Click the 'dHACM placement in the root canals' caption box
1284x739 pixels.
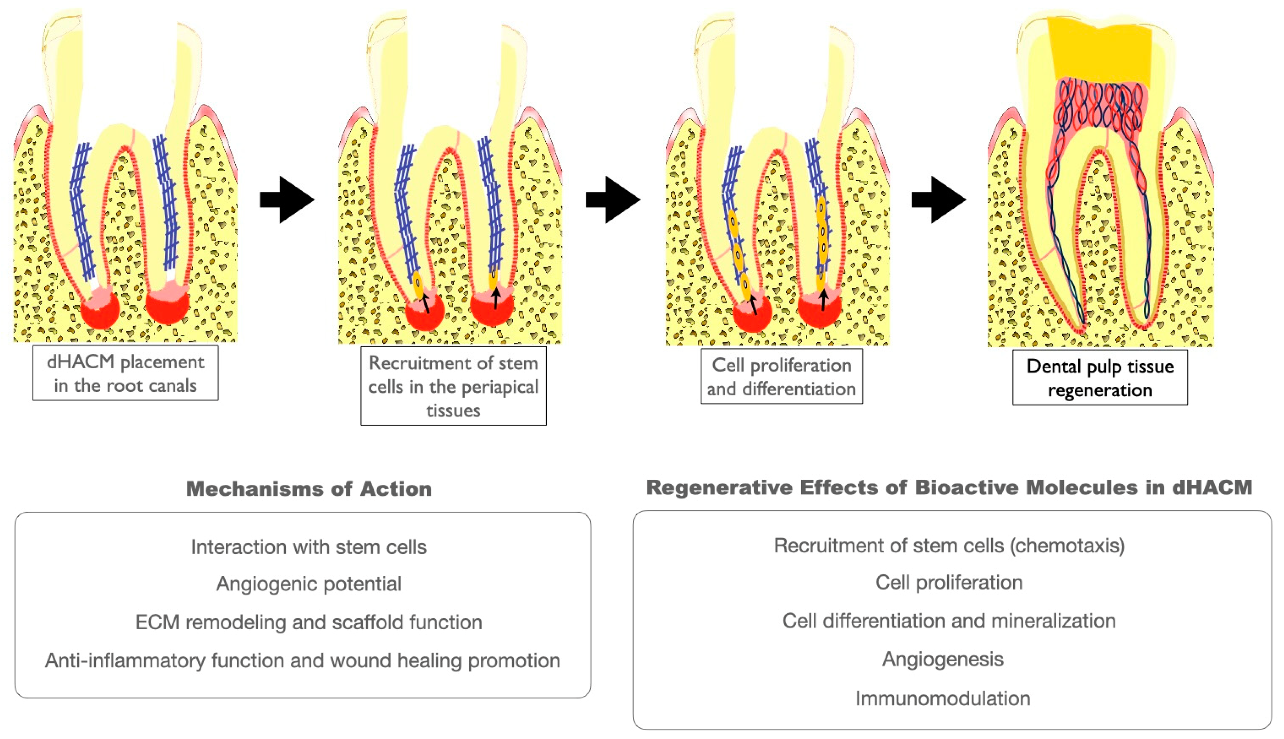(126, 373)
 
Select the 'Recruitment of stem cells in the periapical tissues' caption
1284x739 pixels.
(453, 386)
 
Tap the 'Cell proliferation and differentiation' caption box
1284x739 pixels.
(781, 377)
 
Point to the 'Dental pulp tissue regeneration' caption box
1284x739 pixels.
(1100, 378)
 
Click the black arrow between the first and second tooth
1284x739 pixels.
(287, 200)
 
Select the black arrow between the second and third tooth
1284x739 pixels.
(613, 200)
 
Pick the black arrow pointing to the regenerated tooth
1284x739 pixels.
(939, 200)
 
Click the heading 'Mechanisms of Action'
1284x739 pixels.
(309, 489)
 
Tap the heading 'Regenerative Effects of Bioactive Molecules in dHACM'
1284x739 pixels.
(949, 487)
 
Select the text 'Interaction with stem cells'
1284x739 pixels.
(309, 547)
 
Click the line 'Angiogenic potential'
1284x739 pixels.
(309, 584)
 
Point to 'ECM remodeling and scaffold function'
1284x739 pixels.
(309, 622)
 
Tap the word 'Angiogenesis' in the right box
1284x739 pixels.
(942, 659)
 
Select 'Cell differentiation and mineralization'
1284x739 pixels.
(949, 621)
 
